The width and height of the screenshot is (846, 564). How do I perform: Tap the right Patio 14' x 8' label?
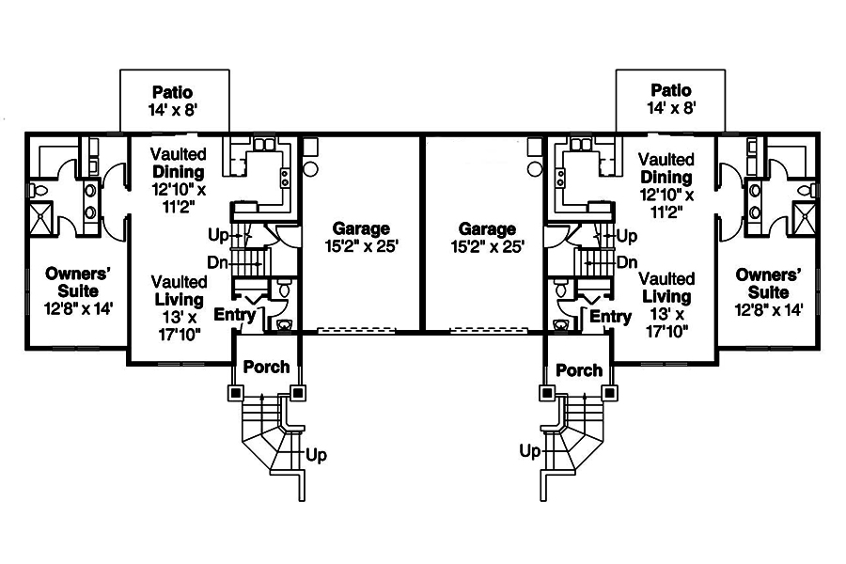point(670,99)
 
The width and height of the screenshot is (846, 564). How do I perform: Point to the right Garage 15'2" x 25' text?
point(486,237)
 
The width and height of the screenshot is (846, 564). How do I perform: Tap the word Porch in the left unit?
point(266,367)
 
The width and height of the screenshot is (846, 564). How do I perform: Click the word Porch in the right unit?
point(579,370)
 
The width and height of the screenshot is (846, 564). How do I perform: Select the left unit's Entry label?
point(234,315)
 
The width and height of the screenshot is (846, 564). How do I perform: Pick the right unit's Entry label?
point(610,318)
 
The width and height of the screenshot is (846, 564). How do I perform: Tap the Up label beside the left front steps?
point(316,455)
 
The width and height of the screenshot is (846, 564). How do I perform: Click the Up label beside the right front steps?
point(530,452)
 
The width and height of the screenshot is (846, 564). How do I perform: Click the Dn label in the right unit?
point(628,263)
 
